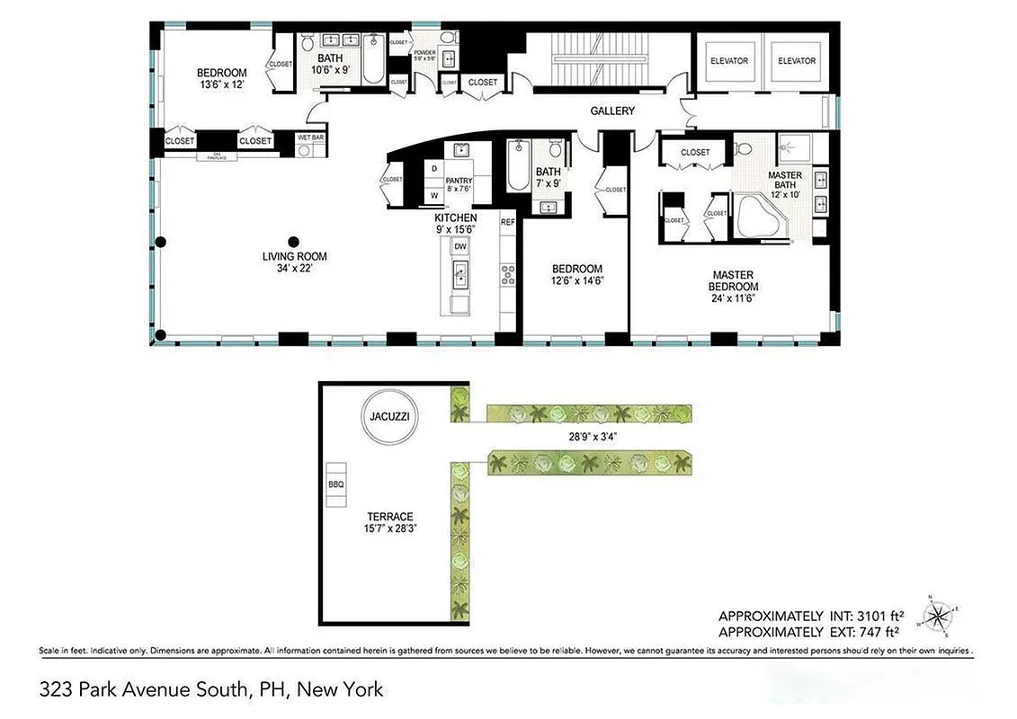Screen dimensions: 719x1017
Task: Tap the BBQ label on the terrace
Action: point(336,484)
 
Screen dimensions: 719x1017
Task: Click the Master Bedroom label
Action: point(733,275)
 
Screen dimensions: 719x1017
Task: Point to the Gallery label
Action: point(611,111)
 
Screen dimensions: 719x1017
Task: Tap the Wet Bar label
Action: point(310,137)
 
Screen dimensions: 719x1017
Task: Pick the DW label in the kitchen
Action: point(459,246)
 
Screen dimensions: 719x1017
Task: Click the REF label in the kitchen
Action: point(507,222)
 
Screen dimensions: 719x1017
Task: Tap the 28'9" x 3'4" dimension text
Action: point(589,437)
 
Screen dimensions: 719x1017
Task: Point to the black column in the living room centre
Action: point(293,241)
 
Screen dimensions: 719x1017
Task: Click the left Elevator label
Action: point(728,61)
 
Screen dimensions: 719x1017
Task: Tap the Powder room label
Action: point(424,53)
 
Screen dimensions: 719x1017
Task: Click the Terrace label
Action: point(389,517)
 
